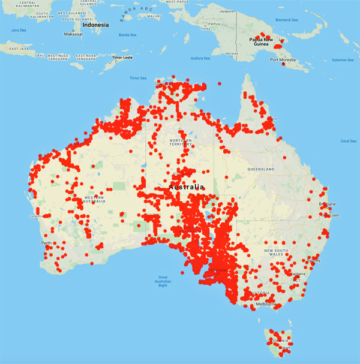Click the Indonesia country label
[x=95, y=25]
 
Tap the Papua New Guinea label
[x=261, y=43]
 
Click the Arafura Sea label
[x=200, y=58]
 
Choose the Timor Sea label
[x=138, y=78]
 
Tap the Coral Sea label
[x=348, y=141]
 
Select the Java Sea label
[x=19, y=29]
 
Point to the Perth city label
[x=46, y=243]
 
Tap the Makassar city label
[x=73, y=34]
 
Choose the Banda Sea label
[x=128, y=35]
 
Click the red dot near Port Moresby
[x=283, y=64]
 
